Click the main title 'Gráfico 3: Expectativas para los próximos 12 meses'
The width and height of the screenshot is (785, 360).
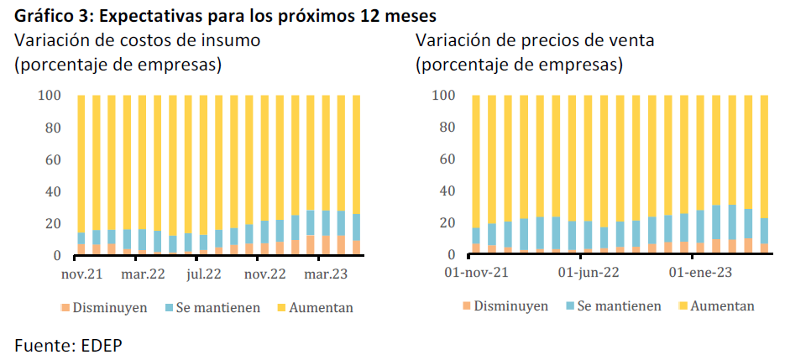(x=226, y=17)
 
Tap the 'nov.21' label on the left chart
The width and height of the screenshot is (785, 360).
(x=82, y=274)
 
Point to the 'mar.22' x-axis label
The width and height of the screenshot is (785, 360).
(x=143, y=274)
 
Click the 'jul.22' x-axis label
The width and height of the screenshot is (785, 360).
(x=204, y=274)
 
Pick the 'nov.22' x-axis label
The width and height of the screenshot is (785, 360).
(x=265, y=274)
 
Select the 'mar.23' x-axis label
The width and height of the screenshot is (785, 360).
(x=327, y=274)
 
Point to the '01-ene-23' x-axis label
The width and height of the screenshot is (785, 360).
(x=698, y=274)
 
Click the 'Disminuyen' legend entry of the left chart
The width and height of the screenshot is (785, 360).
(x=107, y=307)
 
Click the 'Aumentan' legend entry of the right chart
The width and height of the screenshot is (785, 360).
(x=721, y=306)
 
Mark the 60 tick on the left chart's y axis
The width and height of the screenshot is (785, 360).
(x=53, y=160)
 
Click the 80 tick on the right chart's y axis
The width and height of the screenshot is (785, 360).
(x=447, y=128)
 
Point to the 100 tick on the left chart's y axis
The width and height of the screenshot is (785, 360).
(x=50, y=96)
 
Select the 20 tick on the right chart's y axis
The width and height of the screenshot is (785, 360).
(x=447, y=223)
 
